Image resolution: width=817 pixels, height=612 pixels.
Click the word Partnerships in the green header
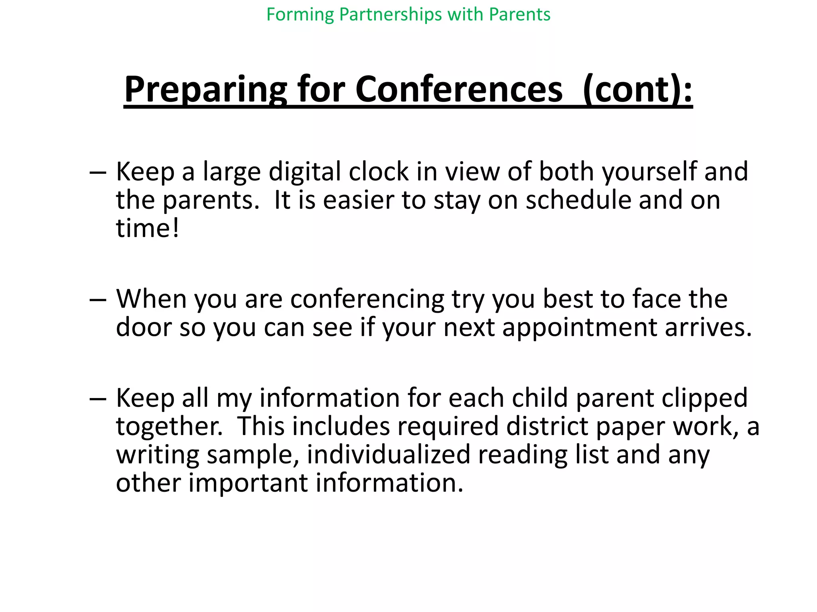tap(391, 15)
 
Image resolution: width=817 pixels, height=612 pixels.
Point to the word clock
tap(378, 172)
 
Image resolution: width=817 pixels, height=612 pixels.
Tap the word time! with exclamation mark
tap(148, 228)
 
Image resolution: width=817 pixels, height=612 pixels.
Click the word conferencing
tap(367, 299)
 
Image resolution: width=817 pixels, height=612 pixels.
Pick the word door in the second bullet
tap(144, 327)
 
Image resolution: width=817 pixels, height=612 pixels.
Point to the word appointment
tap(579, 327)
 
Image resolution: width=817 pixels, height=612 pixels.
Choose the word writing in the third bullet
tap(158, 455)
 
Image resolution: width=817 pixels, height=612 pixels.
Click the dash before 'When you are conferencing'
tap(98, 300)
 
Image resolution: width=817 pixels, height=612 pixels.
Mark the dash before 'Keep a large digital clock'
tap(98, 173)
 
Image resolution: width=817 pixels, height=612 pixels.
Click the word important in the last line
tap(248, 483)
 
